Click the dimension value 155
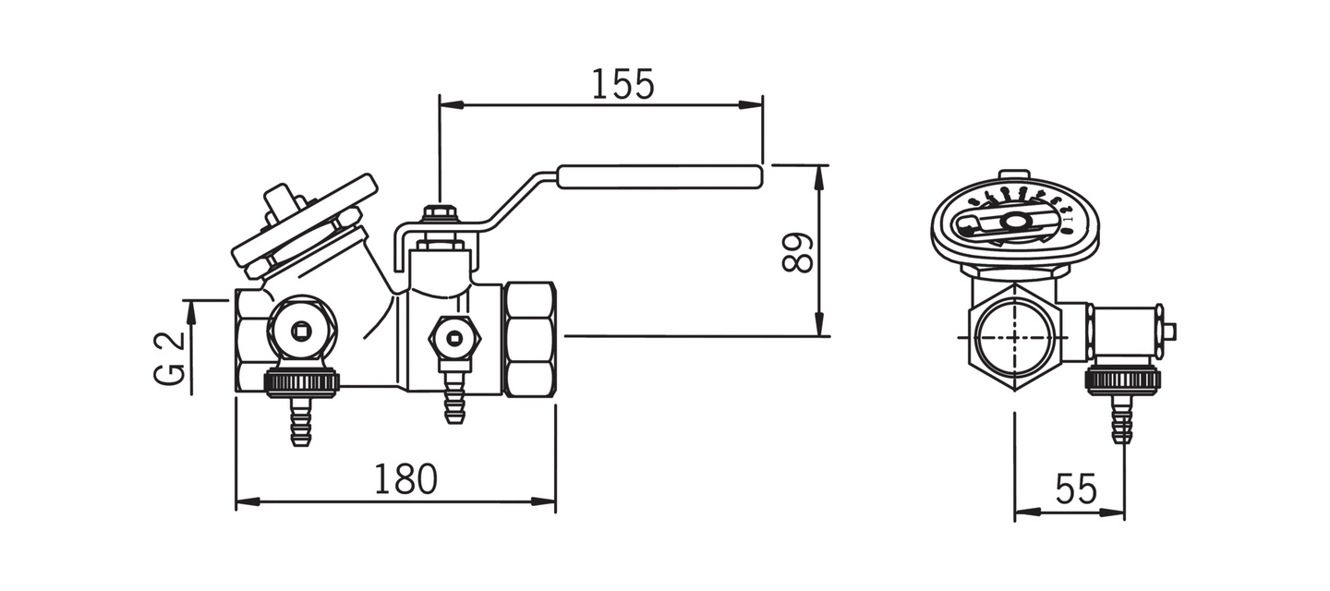[x=622, y=84]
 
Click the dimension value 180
[x=405, y=479]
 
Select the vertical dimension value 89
[x=798, y=252]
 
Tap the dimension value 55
[x=1075, y=488]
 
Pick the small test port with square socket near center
[x=453, y=338]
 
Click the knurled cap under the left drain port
[x=301, y=381]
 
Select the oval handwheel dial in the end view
[x=1014, y=223]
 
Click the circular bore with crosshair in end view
[x=1014, y=336]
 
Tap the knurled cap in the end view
[x=1121, y=380]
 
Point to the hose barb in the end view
[x=1121, y=420]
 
